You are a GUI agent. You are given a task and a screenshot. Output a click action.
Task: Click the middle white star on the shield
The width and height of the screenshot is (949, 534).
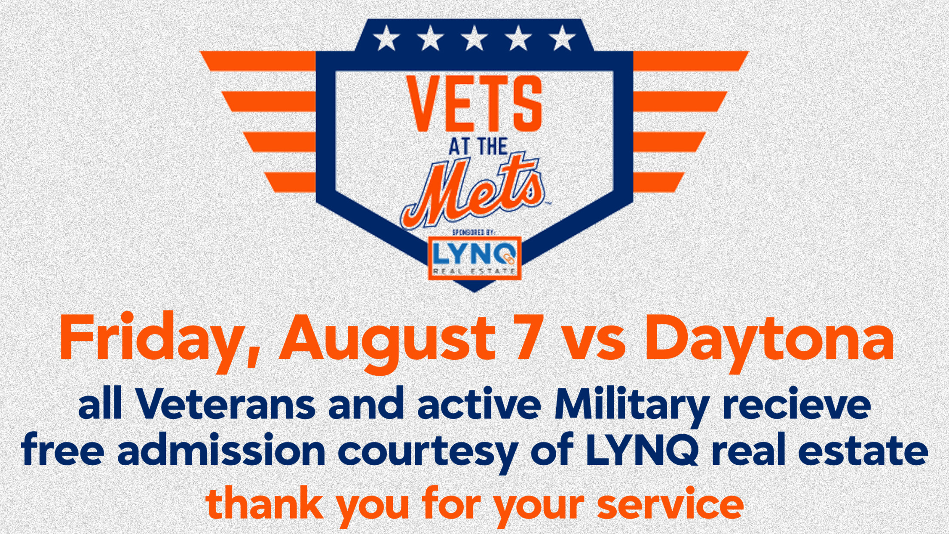[x=474, y=38]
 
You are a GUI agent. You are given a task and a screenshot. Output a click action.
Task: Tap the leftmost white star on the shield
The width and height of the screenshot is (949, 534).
[x=386, y=38]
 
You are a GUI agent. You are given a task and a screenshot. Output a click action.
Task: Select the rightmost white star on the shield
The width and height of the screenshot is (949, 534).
[x=562, y=38]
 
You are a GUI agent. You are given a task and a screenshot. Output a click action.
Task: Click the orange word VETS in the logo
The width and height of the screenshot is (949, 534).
[x=474, y=104]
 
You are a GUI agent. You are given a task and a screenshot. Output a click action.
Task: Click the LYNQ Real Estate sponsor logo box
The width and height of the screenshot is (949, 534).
[x=474, y=258]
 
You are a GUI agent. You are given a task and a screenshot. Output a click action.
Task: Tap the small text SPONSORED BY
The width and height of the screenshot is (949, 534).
[x=474, y=232]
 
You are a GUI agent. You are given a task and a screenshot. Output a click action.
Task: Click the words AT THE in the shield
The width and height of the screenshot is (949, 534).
[x=478, y=147]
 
